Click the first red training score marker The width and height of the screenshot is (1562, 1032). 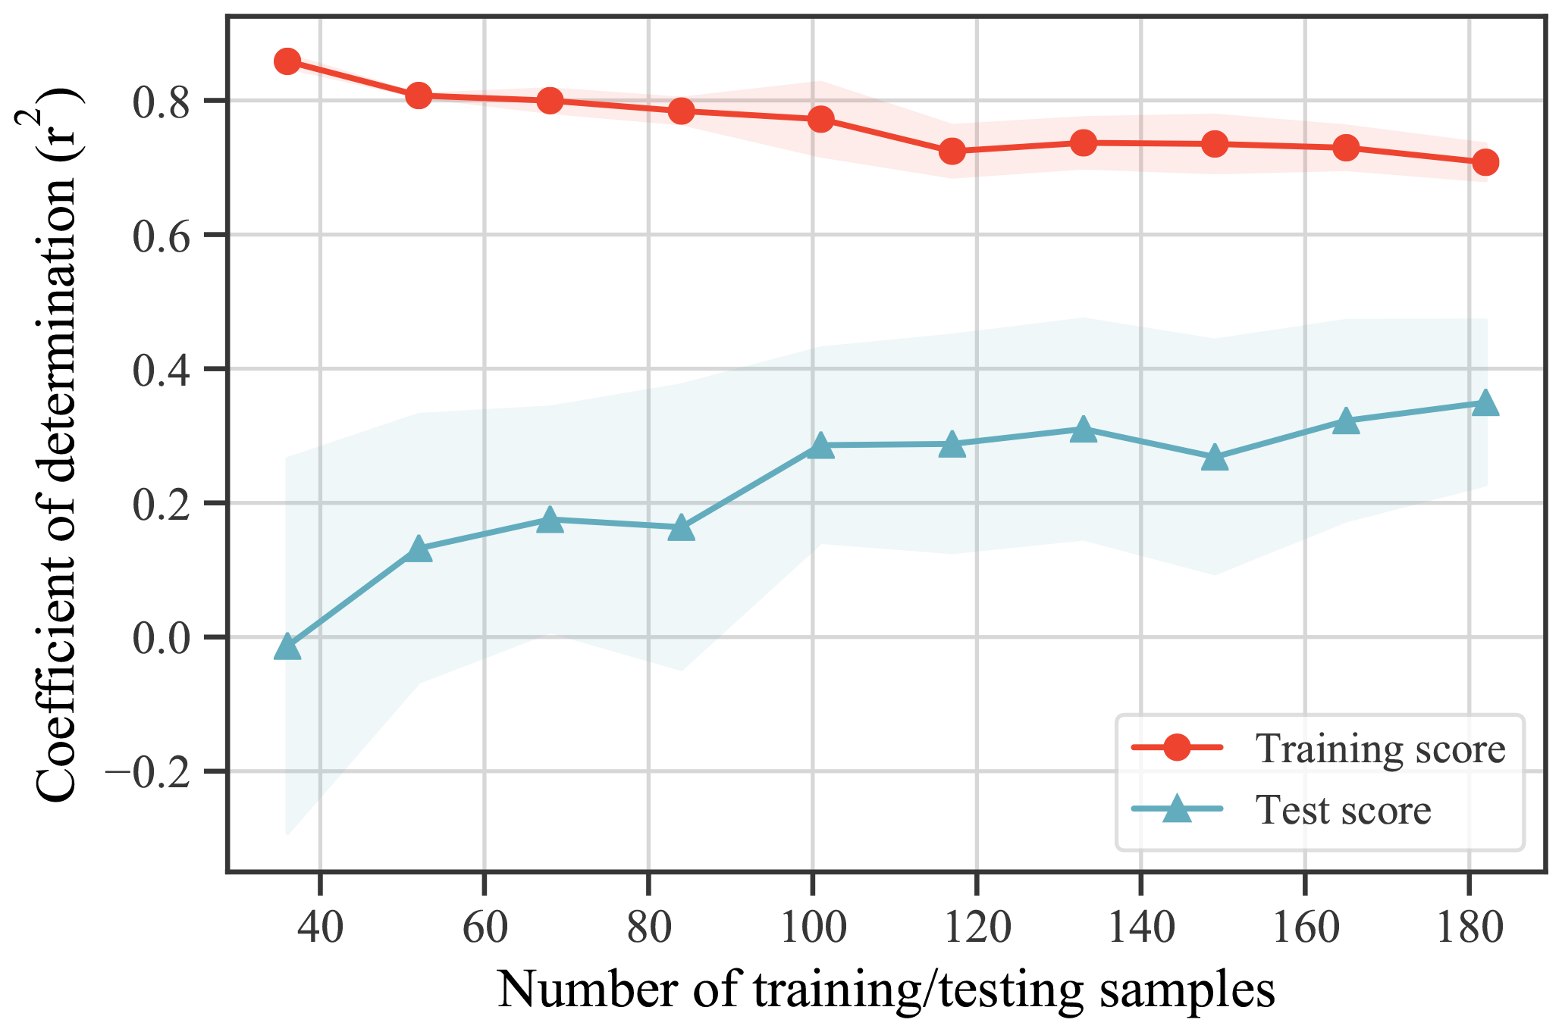[287, 61]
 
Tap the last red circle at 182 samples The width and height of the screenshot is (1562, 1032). [1485, 162]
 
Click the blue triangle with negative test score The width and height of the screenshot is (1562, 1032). [287, 647]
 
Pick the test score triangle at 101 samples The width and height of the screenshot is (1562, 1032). [820, 446]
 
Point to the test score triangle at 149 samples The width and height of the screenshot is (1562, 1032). [1215, 458]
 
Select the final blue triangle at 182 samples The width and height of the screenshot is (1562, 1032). [1485, 403]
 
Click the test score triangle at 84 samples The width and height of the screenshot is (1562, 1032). [681, 528]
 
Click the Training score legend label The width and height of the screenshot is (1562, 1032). [1380, 749]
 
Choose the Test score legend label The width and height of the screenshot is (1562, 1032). [1343, 809]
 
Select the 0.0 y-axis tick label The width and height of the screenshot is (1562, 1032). [165, 638]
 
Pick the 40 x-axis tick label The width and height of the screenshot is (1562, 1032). [320, 928]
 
